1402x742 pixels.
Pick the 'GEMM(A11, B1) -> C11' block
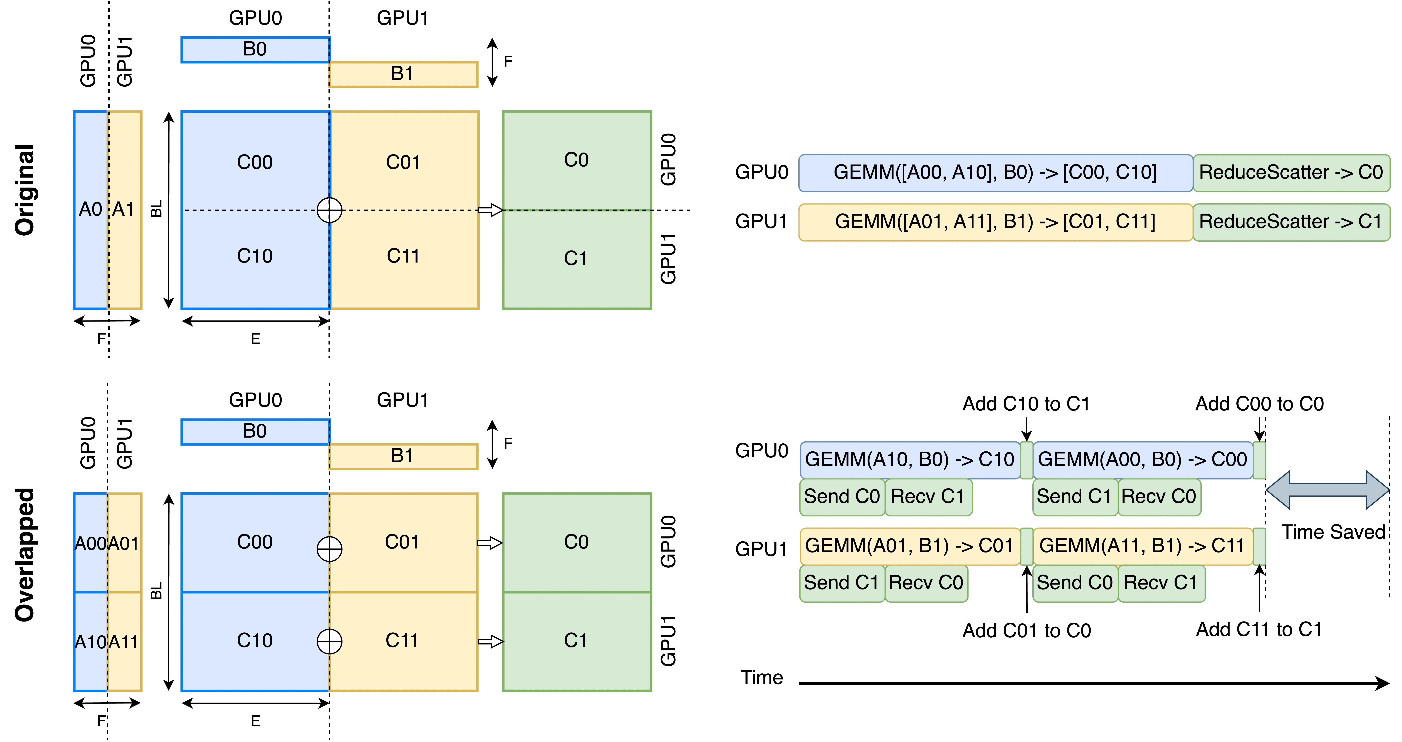tap(1142, 546)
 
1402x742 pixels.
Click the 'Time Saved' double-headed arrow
tap(1327, 490)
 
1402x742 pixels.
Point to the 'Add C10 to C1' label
tap(1026, 404)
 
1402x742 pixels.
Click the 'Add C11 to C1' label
tap(1259, 629)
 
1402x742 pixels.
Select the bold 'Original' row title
tap(24, 190)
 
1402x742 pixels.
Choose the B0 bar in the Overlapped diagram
tap(255, 432)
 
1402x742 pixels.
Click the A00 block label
tap(90, 543)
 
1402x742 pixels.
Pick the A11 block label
tap(124, 642)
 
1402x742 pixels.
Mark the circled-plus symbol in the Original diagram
tap(329, 210)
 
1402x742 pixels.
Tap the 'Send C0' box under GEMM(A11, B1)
tap(1075, 583)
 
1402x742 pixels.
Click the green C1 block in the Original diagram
tap(577, 259)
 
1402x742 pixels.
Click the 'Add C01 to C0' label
tap(1026, 630)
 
